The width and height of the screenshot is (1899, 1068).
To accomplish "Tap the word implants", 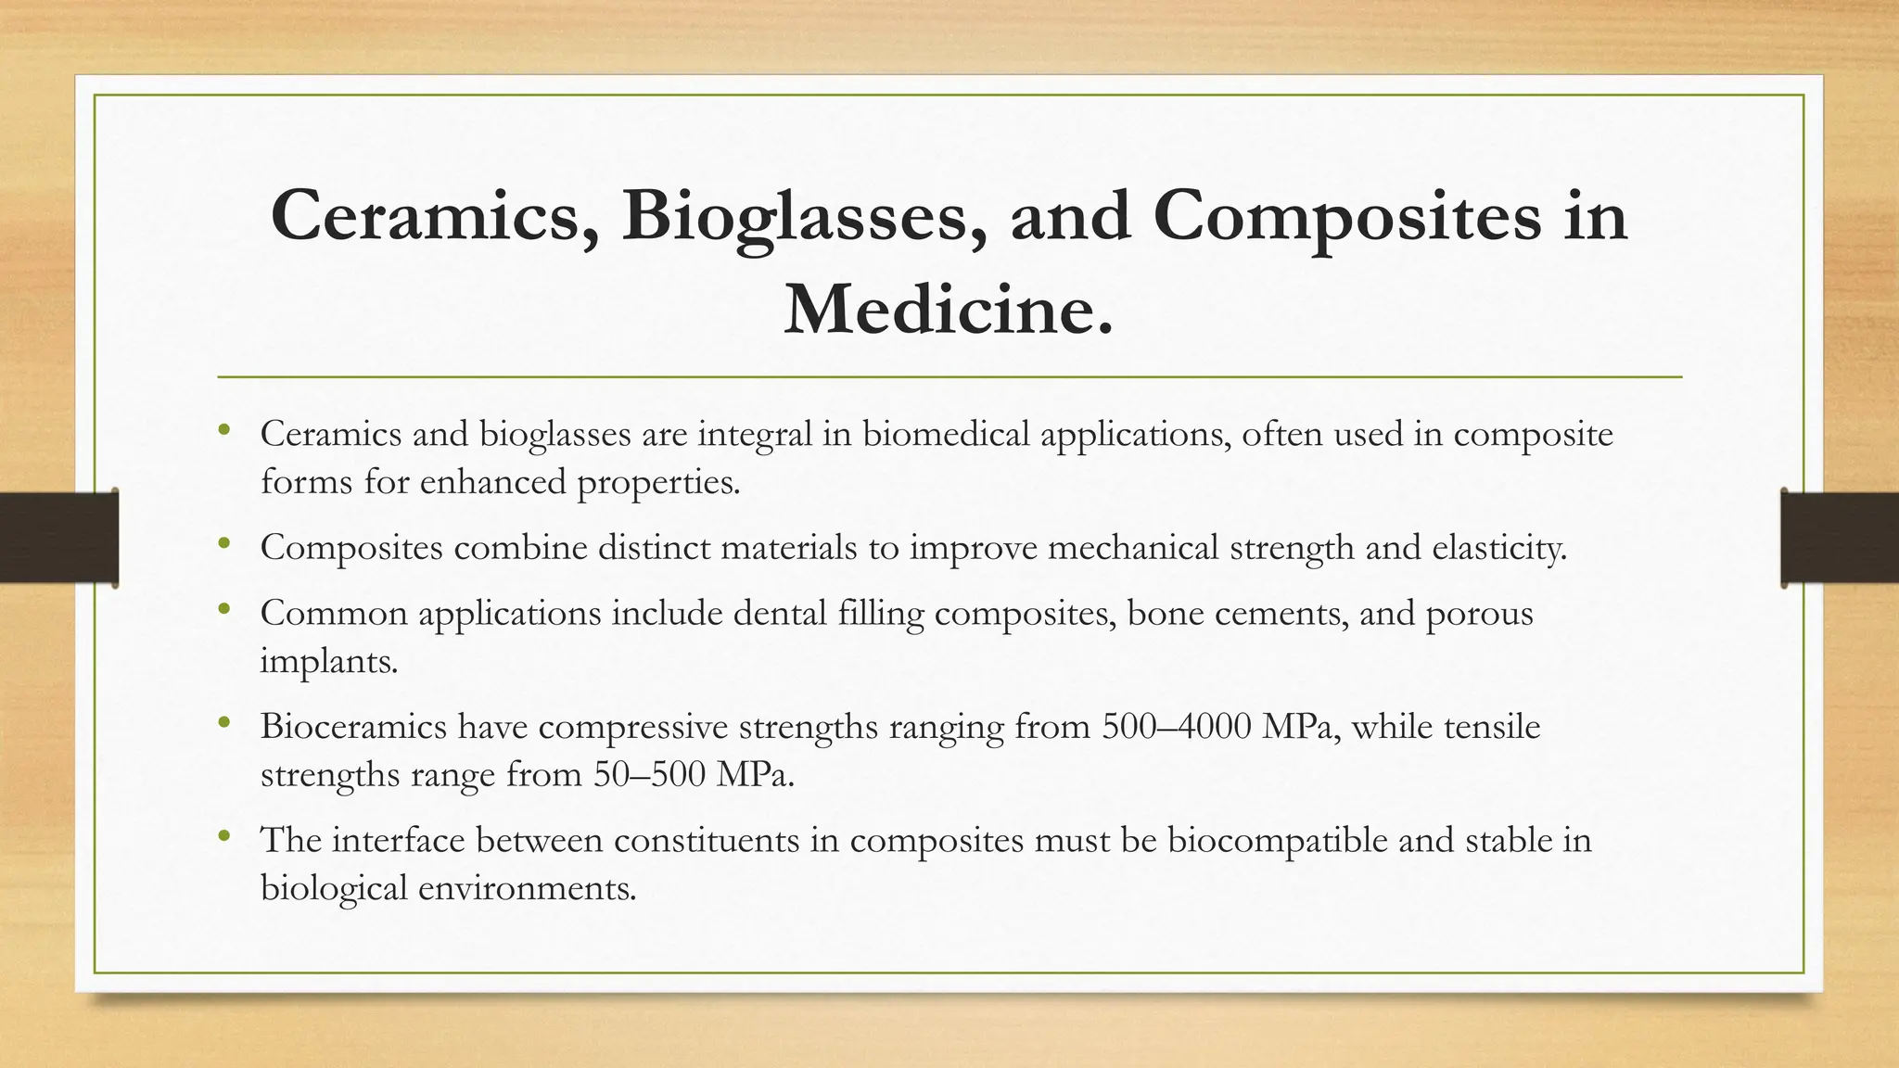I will pyautogui.click(x=328, y=662).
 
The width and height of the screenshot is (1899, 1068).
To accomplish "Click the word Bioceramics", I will pyautogui.click(x=353, y=726).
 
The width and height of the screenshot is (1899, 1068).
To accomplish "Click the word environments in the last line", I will pyautogui.click(x=527, y=888).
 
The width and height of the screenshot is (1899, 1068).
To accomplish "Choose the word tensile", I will pyautogui.click(x=1493, y=726).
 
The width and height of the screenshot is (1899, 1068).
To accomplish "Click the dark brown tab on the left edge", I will pyautogui.click(x=58, y=538).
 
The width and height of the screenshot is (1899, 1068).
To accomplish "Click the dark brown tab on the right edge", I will pyautogui.click(x=1840, y=538).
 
